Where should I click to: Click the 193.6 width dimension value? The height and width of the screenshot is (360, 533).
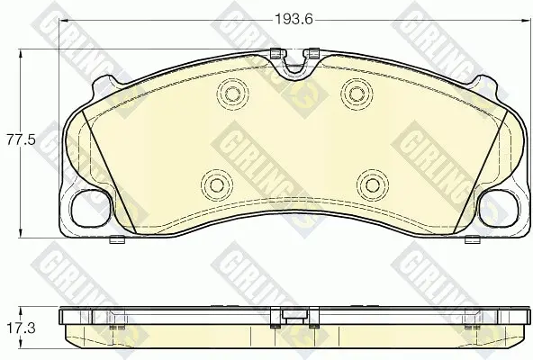[294, 20]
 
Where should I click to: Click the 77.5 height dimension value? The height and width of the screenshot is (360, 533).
[21, 139]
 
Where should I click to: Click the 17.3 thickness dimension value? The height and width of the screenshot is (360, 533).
[21, 328]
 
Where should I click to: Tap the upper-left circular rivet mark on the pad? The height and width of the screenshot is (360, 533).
[232, 94]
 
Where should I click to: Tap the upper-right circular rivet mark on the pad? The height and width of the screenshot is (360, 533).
[357, 94]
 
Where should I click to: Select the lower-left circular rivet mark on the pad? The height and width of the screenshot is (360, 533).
[216, 184]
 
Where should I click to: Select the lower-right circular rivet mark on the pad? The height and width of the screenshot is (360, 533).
[373, 184]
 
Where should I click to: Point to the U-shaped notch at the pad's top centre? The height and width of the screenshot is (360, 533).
[294, 65]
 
